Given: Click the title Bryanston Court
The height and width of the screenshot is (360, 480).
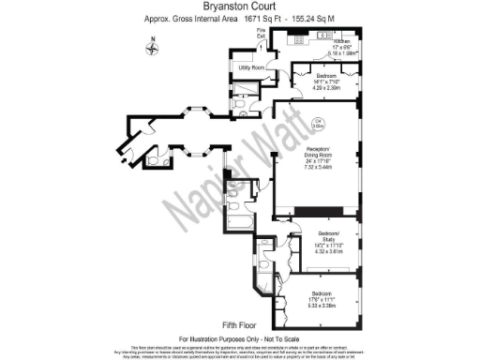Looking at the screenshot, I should click(240, 7).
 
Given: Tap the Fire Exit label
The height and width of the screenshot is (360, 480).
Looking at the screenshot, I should click(262, 35).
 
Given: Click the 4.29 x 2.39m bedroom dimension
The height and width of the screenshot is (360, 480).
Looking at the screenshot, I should click(326, 85).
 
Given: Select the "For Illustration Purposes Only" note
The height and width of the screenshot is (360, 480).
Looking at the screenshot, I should click(239, 337).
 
